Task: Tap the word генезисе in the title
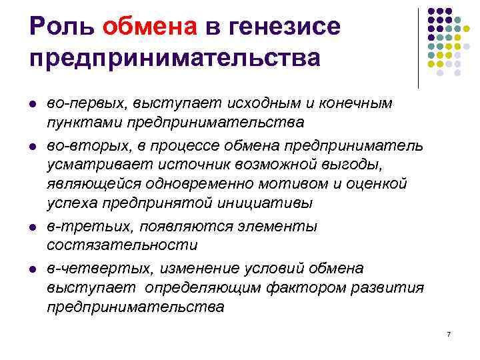[286, 27]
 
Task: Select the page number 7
[449, 333]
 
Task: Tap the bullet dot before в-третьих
[33, 227]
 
